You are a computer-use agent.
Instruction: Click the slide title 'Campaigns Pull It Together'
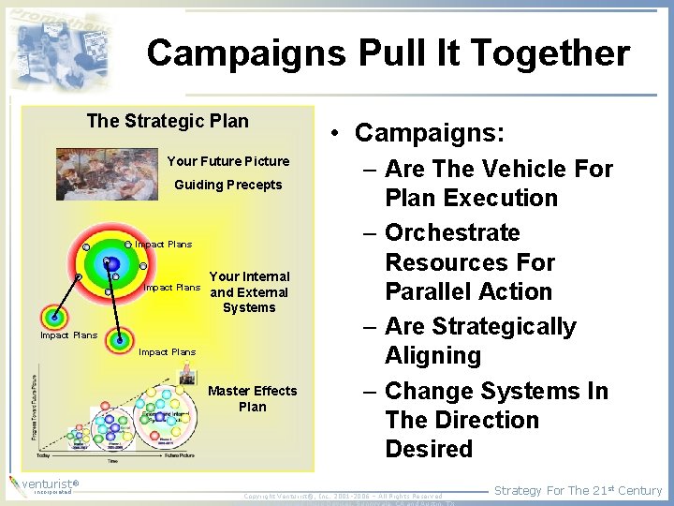click(x=388, y=53)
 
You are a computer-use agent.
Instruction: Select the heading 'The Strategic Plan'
click(x=168, y=121)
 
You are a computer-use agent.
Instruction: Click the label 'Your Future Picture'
click(x=227, y=161)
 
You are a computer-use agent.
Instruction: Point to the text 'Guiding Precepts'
click(x=227, y=185)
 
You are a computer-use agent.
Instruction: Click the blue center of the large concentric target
click(x=112, y=263)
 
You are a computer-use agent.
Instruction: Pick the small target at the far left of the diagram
click(x=54, y=318)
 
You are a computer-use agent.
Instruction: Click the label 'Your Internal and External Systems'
click(x=249, y=291)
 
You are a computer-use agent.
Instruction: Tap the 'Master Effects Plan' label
click(x=252, y=398)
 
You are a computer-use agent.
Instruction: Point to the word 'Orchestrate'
click(x=452, y=232)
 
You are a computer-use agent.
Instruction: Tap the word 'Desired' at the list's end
click(x=429, y=449)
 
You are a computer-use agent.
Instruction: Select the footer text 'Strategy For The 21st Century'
click(x=578, y=490)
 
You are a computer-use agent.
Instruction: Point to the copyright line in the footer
click(x=343, y=496)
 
